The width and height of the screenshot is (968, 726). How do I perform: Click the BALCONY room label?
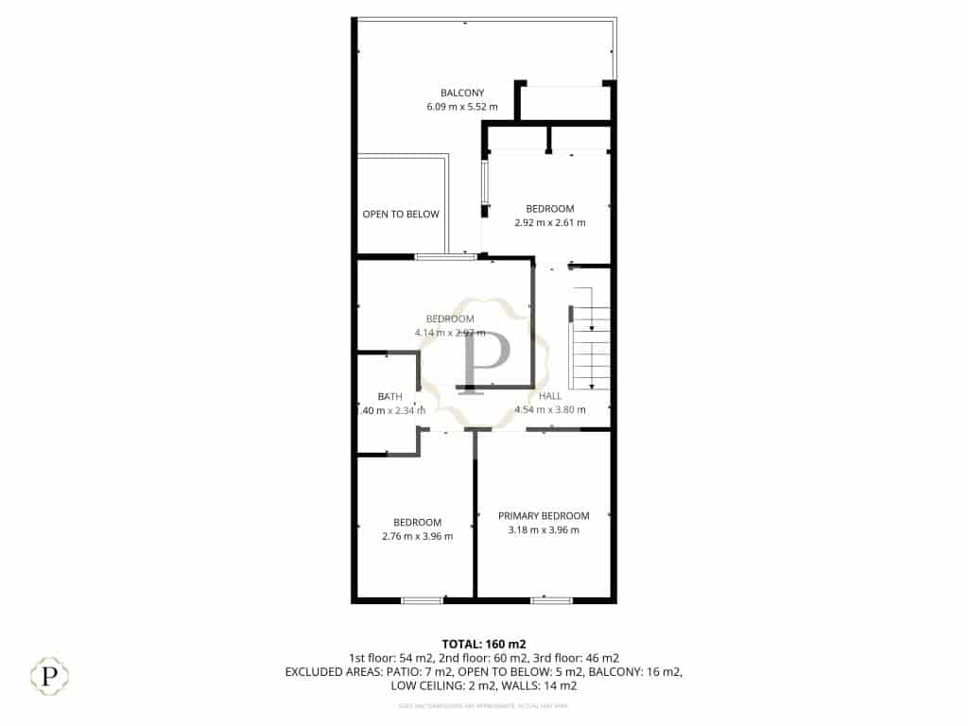click(x=462, y=93)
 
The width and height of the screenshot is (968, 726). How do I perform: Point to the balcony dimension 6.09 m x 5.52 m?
click(x=462, y=107)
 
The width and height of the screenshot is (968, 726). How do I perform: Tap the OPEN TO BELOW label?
click(x=401, y=215)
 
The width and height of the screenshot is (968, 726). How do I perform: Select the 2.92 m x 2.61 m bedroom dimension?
click(x=549, y=223)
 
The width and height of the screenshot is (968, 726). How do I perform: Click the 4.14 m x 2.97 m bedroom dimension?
click(x=450, y=333)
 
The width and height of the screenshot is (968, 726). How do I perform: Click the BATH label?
click(x=390, y=397)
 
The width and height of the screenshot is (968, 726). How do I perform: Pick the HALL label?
click(x=550, y=396)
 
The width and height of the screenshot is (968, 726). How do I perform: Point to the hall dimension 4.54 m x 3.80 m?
click(x=550, y=410)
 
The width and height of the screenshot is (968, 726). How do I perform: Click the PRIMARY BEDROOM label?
click(x=544, y=516)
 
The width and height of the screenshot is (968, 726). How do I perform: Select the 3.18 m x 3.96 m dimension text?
click(x=544, y=530)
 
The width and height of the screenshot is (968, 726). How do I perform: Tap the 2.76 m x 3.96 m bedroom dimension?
click(x=417, y=537)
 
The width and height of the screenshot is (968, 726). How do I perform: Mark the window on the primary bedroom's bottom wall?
click(x=550, y=599)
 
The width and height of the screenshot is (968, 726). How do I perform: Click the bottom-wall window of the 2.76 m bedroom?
click(x=422, y=599)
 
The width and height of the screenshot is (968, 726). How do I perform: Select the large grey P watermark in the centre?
click(x=484, y=359)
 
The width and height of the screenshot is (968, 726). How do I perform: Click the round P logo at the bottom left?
click(x=49, y=676)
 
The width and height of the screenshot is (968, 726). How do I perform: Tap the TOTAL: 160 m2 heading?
click(x=484, y=644)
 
